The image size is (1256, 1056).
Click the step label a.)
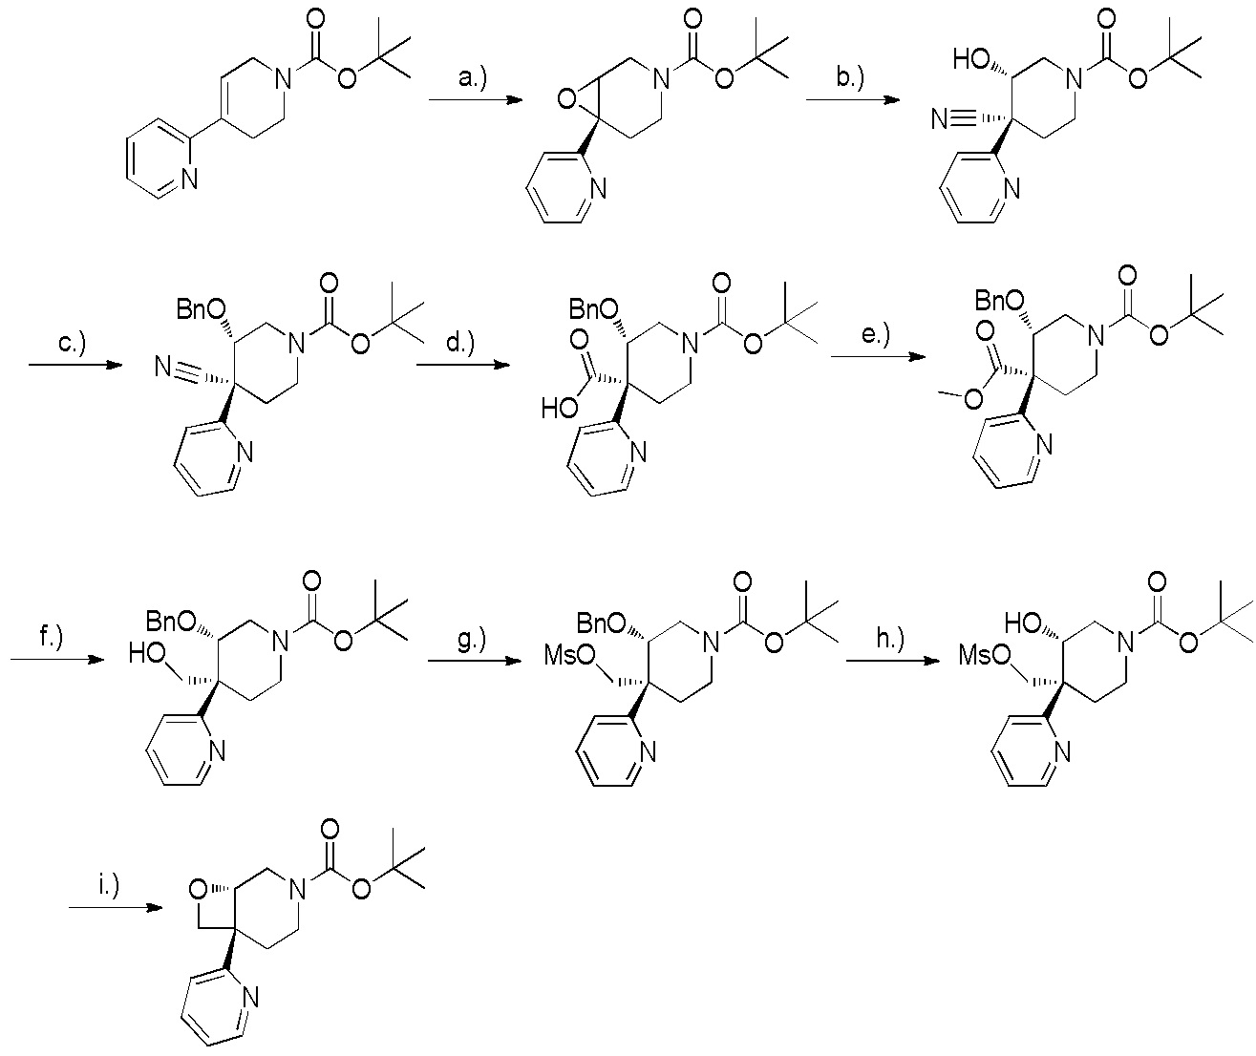[x=472, y=77]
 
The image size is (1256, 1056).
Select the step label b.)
[x=850, y=77]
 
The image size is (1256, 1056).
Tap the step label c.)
[x=73, y=342]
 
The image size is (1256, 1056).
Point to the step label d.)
[x=460, y=342]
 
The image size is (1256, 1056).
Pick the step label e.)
[x=875, y=334]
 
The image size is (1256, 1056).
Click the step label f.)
[x=52, y=637]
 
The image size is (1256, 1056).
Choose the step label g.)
[x=472, y=640]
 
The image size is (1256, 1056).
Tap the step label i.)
[x=109, y=885]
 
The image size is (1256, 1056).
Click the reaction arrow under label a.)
[x=476, y=100]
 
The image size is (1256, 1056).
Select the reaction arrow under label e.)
[x=878, y=357]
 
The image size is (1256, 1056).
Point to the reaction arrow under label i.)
[x=116, y=907]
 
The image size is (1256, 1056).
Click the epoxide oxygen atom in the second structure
[x=566, y=98]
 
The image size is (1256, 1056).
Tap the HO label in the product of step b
[x=971, y=59]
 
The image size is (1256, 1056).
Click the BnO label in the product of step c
[x=202, y=310]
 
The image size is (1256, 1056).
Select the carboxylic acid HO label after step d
[x=560, y=409]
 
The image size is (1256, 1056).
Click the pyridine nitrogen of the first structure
[x=189, y=179]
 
